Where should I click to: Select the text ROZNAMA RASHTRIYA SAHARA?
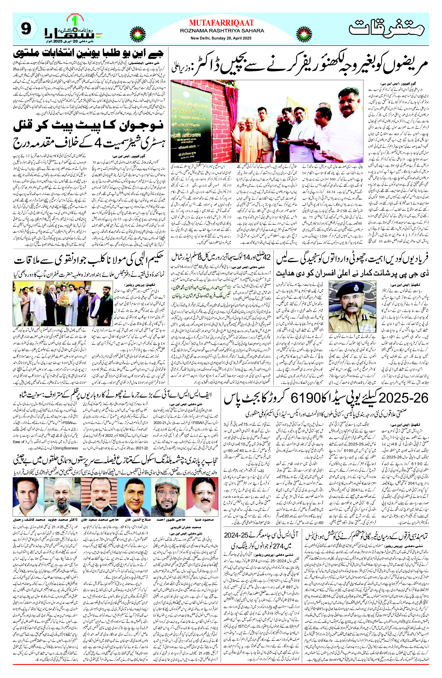click(222, 31)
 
